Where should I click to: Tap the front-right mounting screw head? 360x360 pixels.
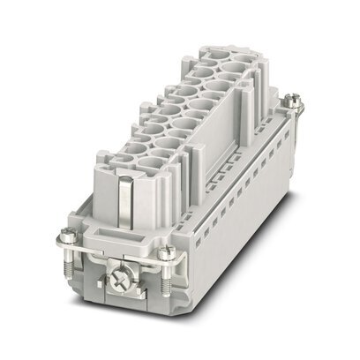pos(166,254)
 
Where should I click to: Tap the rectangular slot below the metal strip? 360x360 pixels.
pos(107,236)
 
